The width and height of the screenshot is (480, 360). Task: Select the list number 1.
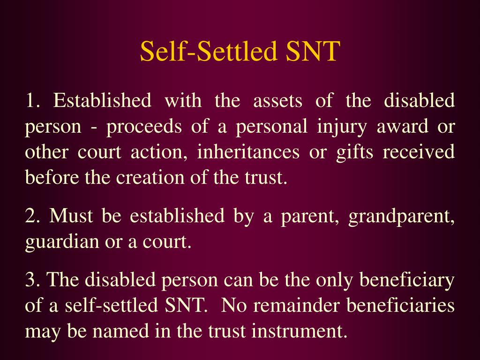pyautogui.click(x=32, y=101)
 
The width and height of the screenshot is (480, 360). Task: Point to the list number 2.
pyautogui.click(x=32, y=217)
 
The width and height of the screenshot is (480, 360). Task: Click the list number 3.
pyautogui.click(x=32, y=280)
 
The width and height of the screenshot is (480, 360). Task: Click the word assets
pyautogui.click(x=277, y=101)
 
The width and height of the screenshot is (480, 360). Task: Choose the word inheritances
pyautogui.click(x=247, y=153)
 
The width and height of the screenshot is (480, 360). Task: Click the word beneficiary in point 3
pyautogui.click(x=406, y=280)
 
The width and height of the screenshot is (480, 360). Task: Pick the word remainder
pyautogui.click(x=297, y=306)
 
